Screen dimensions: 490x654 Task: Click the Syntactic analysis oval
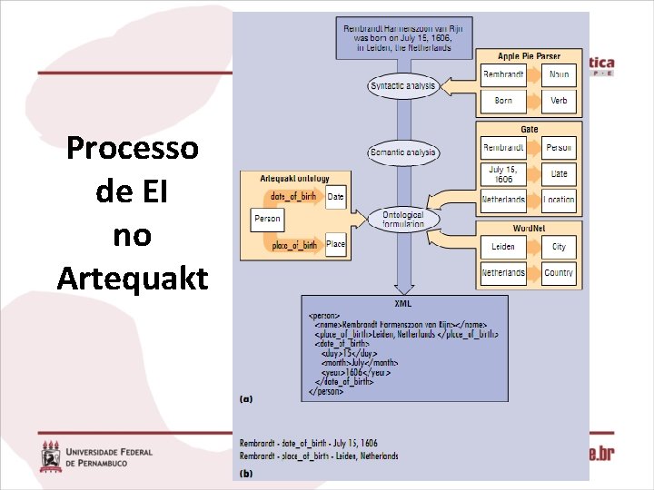403,86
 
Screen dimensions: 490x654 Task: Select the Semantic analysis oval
403,152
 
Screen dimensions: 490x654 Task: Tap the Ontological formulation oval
403,219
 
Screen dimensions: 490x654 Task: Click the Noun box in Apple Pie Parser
559,75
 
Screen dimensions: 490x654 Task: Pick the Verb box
559,101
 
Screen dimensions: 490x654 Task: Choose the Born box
503,101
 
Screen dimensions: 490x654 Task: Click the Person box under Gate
559,147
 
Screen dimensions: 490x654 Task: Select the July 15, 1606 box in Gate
503,172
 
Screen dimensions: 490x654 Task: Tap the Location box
559,200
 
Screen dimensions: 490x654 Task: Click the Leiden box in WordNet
503,247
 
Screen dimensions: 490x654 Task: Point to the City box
559,247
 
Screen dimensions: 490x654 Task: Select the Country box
559,272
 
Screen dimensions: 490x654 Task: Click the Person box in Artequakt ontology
267,219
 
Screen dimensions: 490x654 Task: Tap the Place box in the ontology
336,244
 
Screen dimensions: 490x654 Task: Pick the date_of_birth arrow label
293,196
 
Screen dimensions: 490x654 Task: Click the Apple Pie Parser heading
530,56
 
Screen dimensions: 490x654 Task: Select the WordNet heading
530,229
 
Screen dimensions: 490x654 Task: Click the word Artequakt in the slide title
133,277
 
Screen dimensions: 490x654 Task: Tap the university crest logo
51,456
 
